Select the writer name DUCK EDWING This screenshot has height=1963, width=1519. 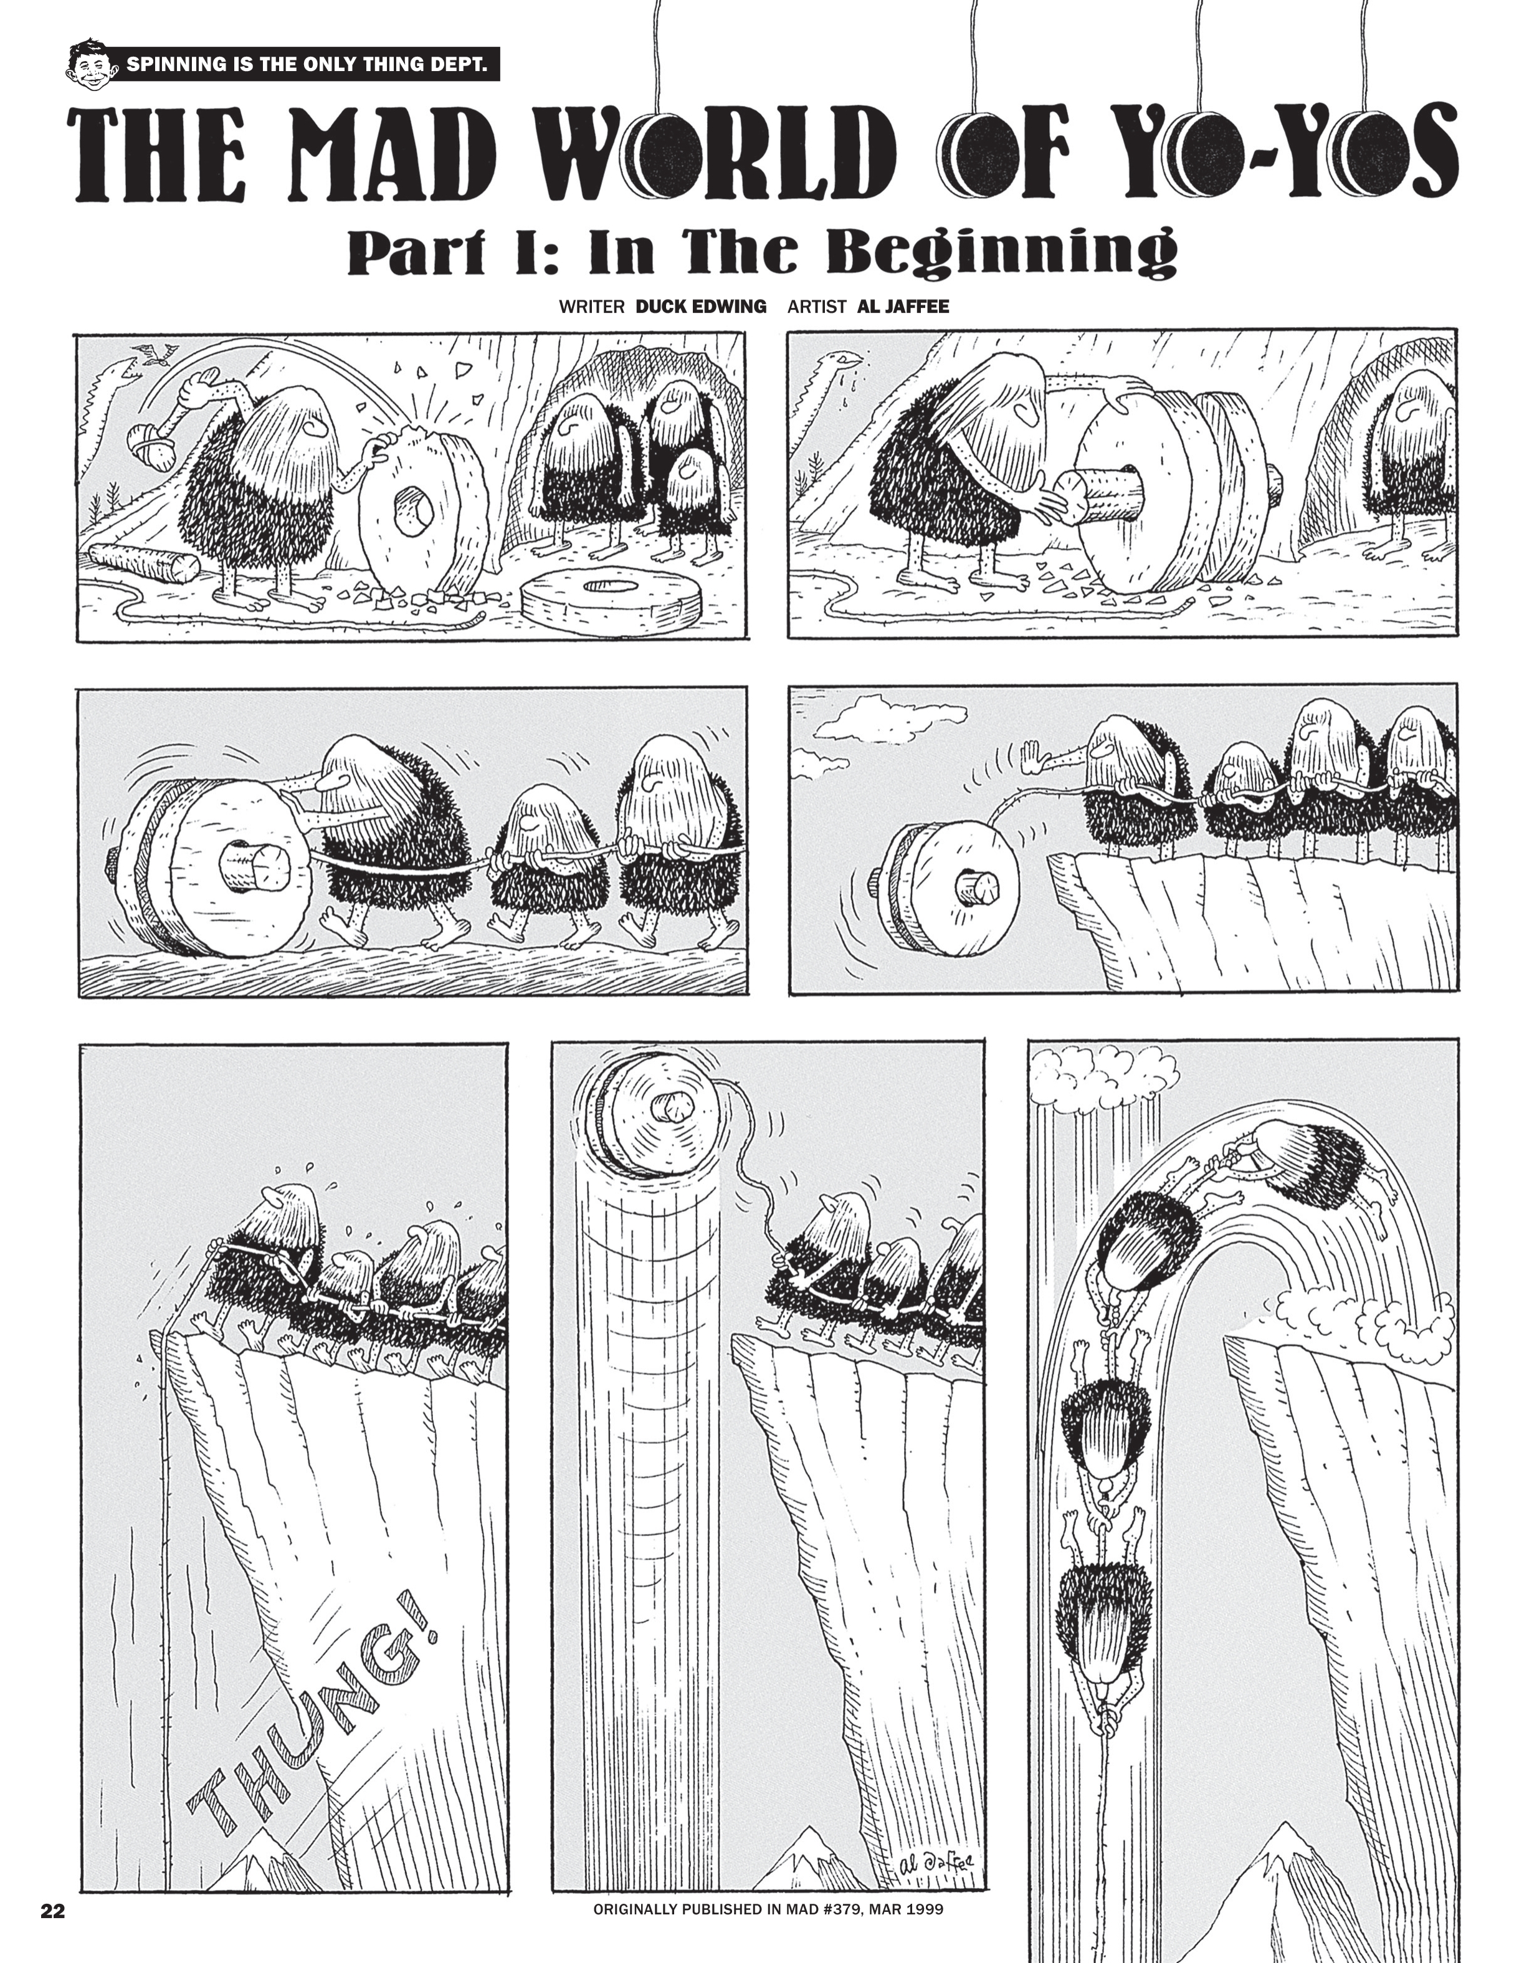(700, 307)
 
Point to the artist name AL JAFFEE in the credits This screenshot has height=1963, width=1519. (903, 307)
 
